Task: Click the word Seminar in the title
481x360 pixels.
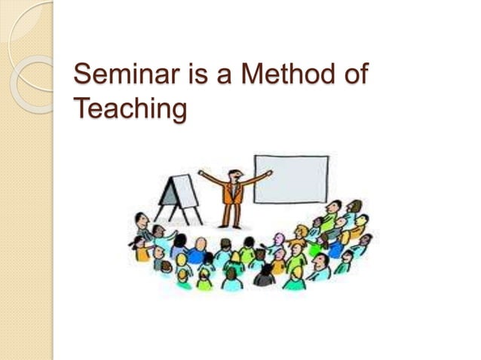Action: tap(120, 76)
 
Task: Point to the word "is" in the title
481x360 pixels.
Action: tap(186, 76)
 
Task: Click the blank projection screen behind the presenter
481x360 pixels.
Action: tap(291, 179)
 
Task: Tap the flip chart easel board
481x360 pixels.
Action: tap(179, 190)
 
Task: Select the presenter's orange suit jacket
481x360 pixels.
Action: tap(232, 194)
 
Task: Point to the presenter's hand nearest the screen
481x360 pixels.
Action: tap(268, 172)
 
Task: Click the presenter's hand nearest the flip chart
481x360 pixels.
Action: tap(201, 172)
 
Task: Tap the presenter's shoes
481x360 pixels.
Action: tap(231, 227)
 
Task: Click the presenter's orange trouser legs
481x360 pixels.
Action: tap(231, 215)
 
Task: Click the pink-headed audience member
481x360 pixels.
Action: tap(280, 239)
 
